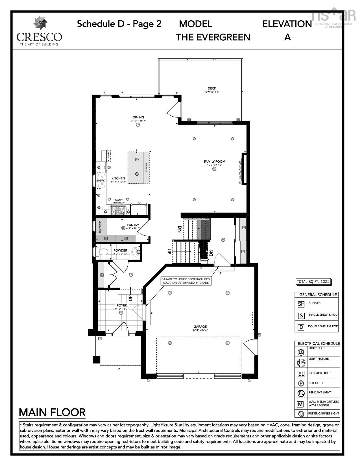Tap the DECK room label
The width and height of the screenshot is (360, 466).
click(x=212, y=89)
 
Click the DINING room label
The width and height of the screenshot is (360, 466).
click(x=138, y=117)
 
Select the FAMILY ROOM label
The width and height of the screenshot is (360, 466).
click(x=214, y=162)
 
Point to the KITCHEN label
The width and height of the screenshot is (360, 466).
click(x=118, y=178)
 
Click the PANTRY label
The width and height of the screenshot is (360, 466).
click(x=133, y=225)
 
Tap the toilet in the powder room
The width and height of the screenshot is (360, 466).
click(x=103, y=251)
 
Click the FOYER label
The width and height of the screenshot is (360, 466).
click(x=122, y=305)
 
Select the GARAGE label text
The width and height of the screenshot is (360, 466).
click(x=200, y=326)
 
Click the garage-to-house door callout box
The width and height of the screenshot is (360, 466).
click(x=186, y=281)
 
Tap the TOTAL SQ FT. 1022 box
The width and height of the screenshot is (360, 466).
click(x=313, y=282)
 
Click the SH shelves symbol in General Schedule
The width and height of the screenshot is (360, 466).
click(x=301, y=304)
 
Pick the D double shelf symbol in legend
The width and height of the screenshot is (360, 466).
click(x=301, y=327)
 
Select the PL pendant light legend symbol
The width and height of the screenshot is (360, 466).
click(x=301, y=393)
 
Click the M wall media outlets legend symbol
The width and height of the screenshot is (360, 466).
click(x=300, y=404)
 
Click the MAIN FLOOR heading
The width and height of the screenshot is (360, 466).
click(x=52, y=412)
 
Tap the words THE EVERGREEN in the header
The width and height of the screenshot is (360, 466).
click(x=213, y=37)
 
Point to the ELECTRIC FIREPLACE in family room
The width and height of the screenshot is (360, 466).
click(x=244, y=169)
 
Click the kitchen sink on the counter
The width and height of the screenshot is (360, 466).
click(x=101, y=180)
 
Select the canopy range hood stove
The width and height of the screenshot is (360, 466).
click(x=118, y=210)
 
